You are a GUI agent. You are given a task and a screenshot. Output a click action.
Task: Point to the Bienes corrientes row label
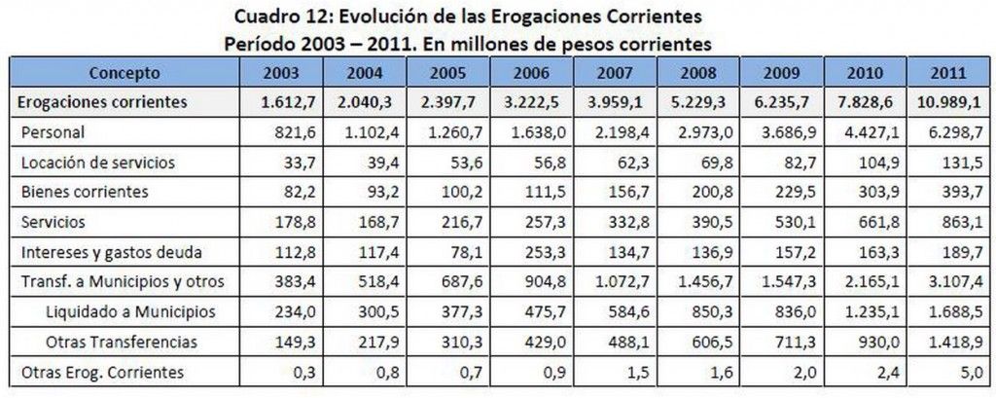pos(85,192)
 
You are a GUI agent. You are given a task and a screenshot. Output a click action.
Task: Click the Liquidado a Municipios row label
pos(129,311)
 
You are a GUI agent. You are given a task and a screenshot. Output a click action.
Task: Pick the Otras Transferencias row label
pos(122,342)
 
